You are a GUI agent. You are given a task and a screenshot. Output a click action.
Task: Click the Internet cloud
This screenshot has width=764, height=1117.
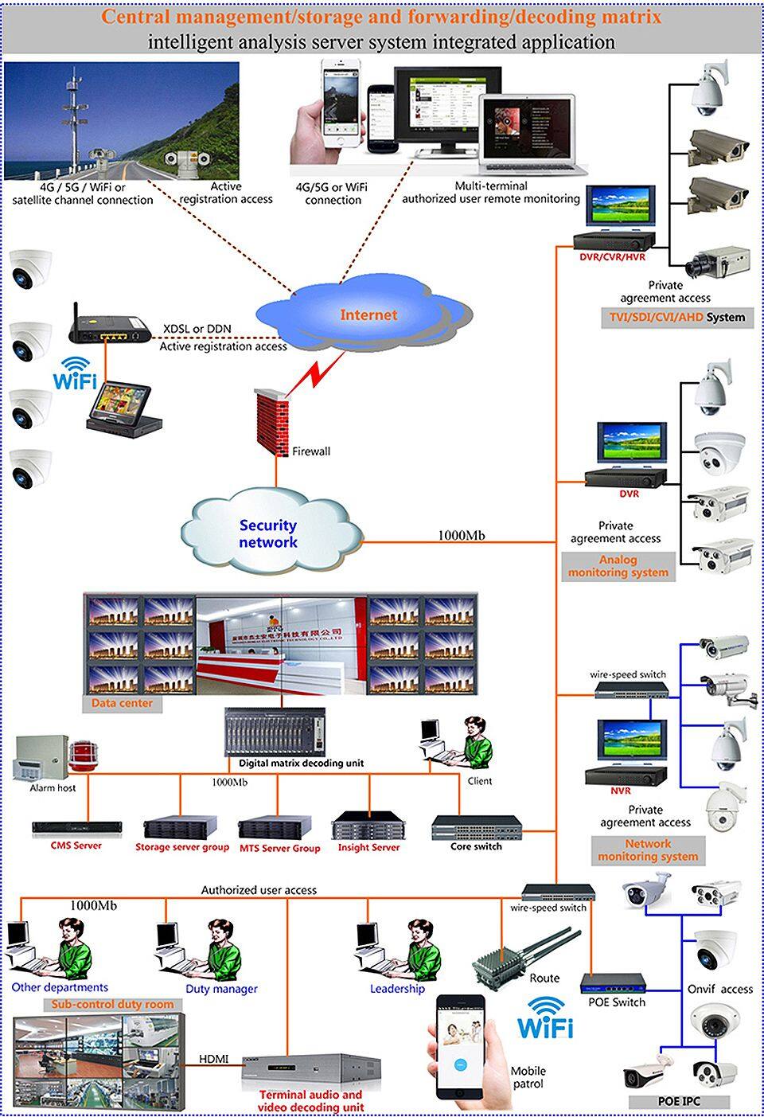point(368,315)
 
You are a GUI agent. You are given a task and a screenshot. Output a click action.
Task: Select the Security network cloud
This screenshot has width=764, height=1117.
point(268,533)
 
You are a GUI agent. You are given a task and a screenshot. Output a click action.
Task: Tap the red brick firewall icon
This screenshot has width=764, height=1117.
point(273,421)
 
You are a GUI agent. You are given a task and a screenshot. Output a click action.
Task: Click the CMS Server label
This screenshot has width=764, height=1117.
point(76,846)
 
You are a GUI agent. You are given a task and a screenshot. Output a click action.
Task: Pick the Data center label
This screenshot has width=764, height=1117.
point(122,703)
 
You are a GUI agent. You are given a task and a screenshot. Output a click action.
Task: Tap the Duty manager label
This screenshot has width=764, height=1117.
point(221,989)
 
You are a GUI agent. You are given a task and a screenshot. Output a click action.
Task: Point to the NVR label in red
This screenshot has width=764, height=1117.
point(621,791)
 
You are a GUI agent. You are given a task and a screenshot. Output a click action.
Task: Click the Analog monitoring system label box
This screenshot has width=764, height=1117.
point(618,566)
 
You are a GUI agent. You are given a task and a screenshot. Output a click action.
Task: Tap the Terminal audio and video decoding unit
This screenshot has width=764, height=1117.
point(310,1066)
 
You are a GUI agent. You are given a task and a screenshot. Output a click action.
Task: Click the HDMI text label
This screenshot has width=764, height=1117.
point(213,1059)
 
